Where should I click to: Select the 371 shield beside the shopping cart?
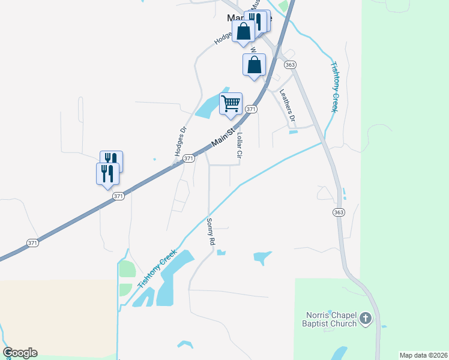(251, 109)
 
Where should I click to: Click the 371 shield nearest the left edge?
(33, 243)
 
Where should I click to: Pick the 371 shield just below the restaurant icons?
(119, 196)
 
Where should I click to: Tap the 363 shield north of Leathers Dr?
(291, 65)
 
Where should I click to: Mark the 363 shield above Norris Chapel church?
(339, 212)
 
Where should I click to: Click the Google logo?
(20, 353)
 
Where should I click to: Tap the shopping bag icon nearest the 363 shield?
(254, 65)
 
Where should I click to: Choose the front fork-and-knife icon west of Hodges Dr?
(107, 173)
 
